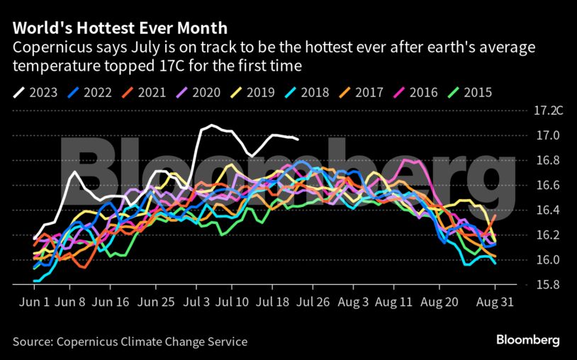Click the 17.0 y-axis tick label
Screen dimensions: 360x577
tap(547, 135)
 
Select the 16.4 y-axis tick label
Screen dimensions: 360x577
tap(547, 210)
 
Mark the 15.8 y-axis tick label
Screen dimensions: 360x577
tap(547, 285)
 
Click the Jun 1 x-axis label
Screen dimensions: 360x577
tap(35, 301)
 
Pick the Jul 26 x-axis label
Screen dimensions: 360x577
tap(313, 301)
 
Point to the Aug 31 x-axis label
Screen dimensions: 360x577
tap(494, 301)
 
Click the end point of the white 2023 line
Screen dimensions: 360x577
tap(298, 140)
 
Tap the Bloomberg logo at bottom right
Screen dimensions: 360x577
tap(527, 340)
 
